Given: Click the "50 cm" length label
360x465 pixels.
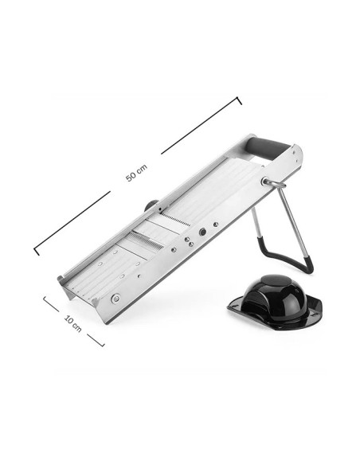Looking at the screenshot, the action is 136,174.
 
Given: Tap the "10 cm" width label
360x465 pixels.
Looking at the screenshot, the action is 73,323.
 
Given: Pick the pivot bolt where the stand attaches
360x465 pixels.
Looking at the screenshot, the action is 264,182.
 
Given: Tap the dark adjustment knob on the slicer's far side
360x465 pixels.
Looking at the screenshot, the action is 151,205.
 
